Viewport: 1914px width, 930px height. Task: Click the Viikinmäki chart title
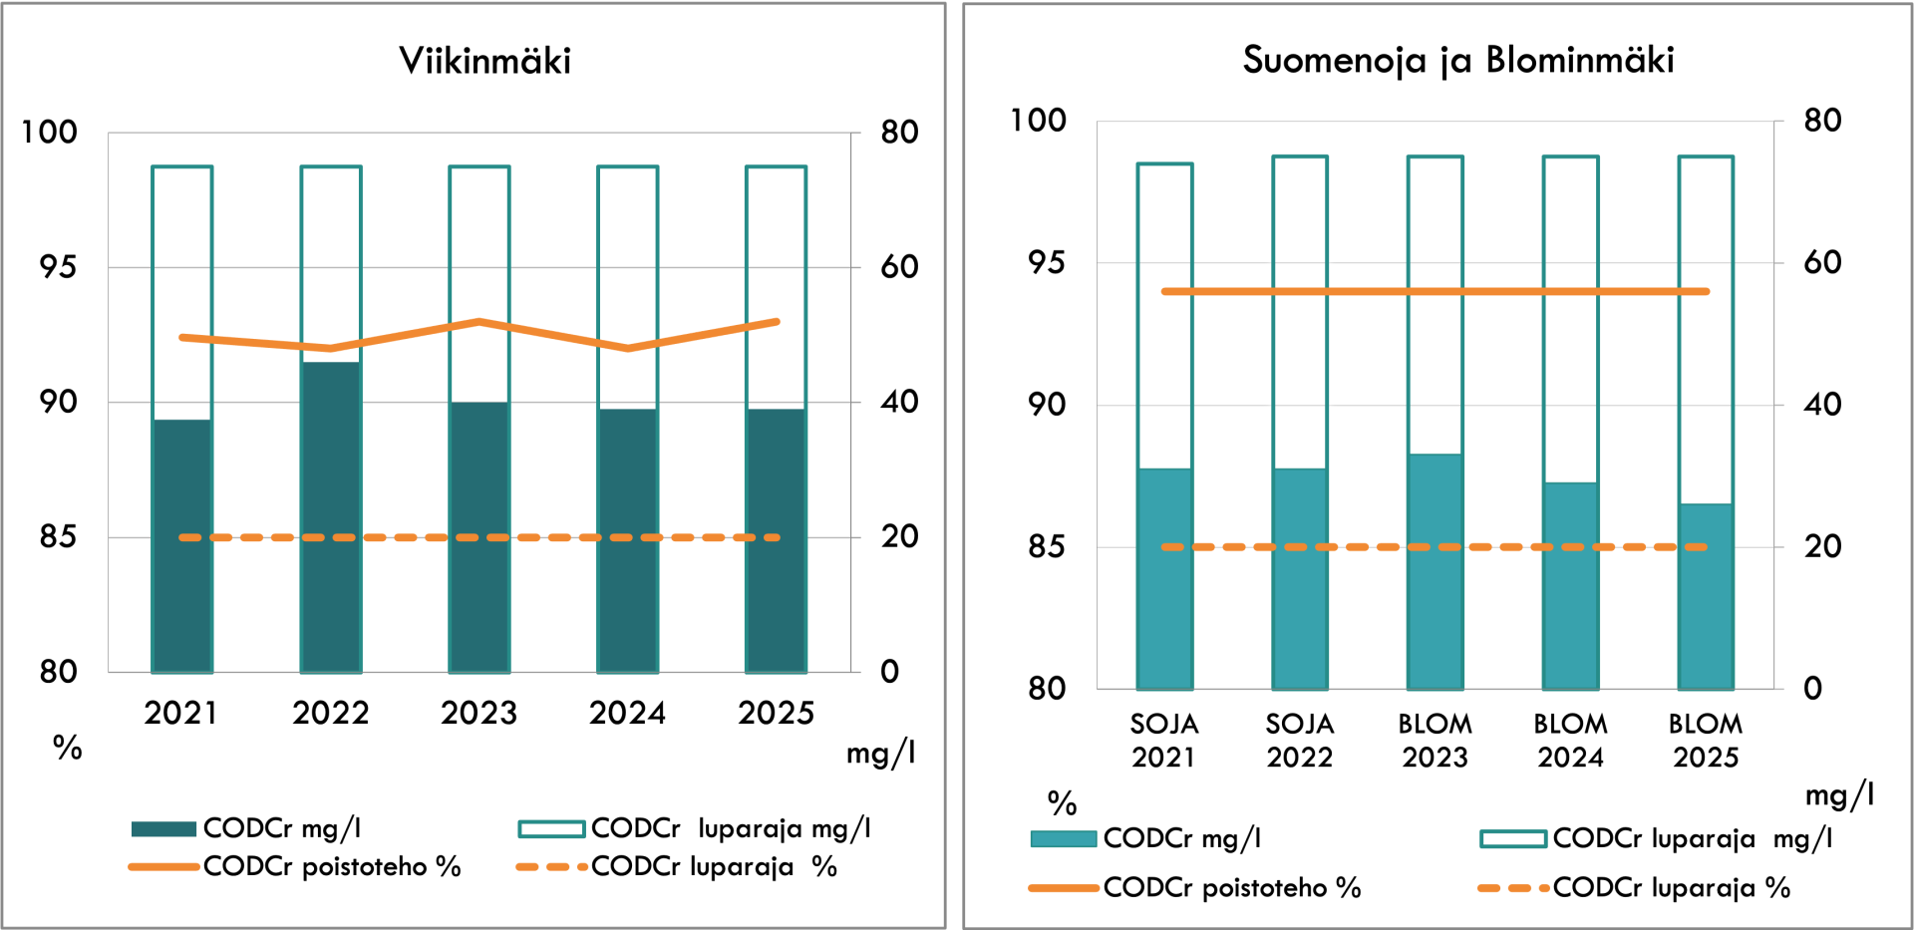click(484, 61)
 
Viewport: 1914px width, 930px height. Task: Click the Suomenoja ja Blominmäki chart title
click(1458, 61)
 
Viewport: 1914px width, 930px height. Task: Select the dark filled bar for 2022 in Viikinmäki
click(331, 517)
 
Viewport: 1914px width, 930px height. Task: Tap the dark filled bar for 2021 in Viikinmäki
click(182, 546)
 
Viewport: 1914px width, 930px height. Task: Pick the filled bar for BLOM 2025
click(1706, 596)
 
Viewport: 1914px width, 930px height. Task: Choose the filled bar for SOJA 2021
click(1164, 579)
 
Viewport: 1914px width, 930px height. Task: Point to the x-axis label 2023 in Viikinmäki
click(479, 713)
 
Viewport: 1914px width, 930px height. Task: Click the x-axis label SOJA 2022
click(1300, 741)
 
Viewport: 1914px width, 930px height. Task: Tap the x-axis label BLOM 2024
click(1570, 741)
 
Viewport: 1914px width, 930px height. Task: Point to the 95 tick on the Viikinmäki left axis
click(58, 267)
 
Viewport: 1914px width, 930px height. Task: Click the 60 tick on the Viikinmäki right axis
click(899, 267)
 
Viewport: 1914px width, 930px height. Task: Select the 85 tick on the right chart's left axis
click(1047, 546)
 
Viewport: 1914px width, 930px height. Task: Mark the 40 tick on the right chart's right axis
click(1822, 404)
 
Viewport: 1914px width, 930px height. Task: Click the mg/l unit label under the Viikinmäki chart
click(880, 753)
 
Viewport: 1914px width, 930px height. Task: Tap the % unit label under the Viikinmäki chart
click(68, 748)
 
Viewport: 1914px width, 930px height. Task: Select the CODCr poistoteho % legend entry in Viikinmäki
click(295, 866)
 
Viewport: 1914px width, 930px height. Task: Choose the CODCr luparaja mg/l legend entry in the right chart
click(1656, 838)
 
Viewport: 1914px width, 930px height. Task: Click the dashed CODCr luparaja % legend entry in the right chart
click(1634, 887)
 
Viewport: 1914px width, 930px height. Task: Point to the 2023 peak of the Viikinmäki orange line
click(479, 321)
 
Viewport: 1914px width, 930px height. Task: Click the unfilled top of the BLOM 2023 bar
click(1435, 305)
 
